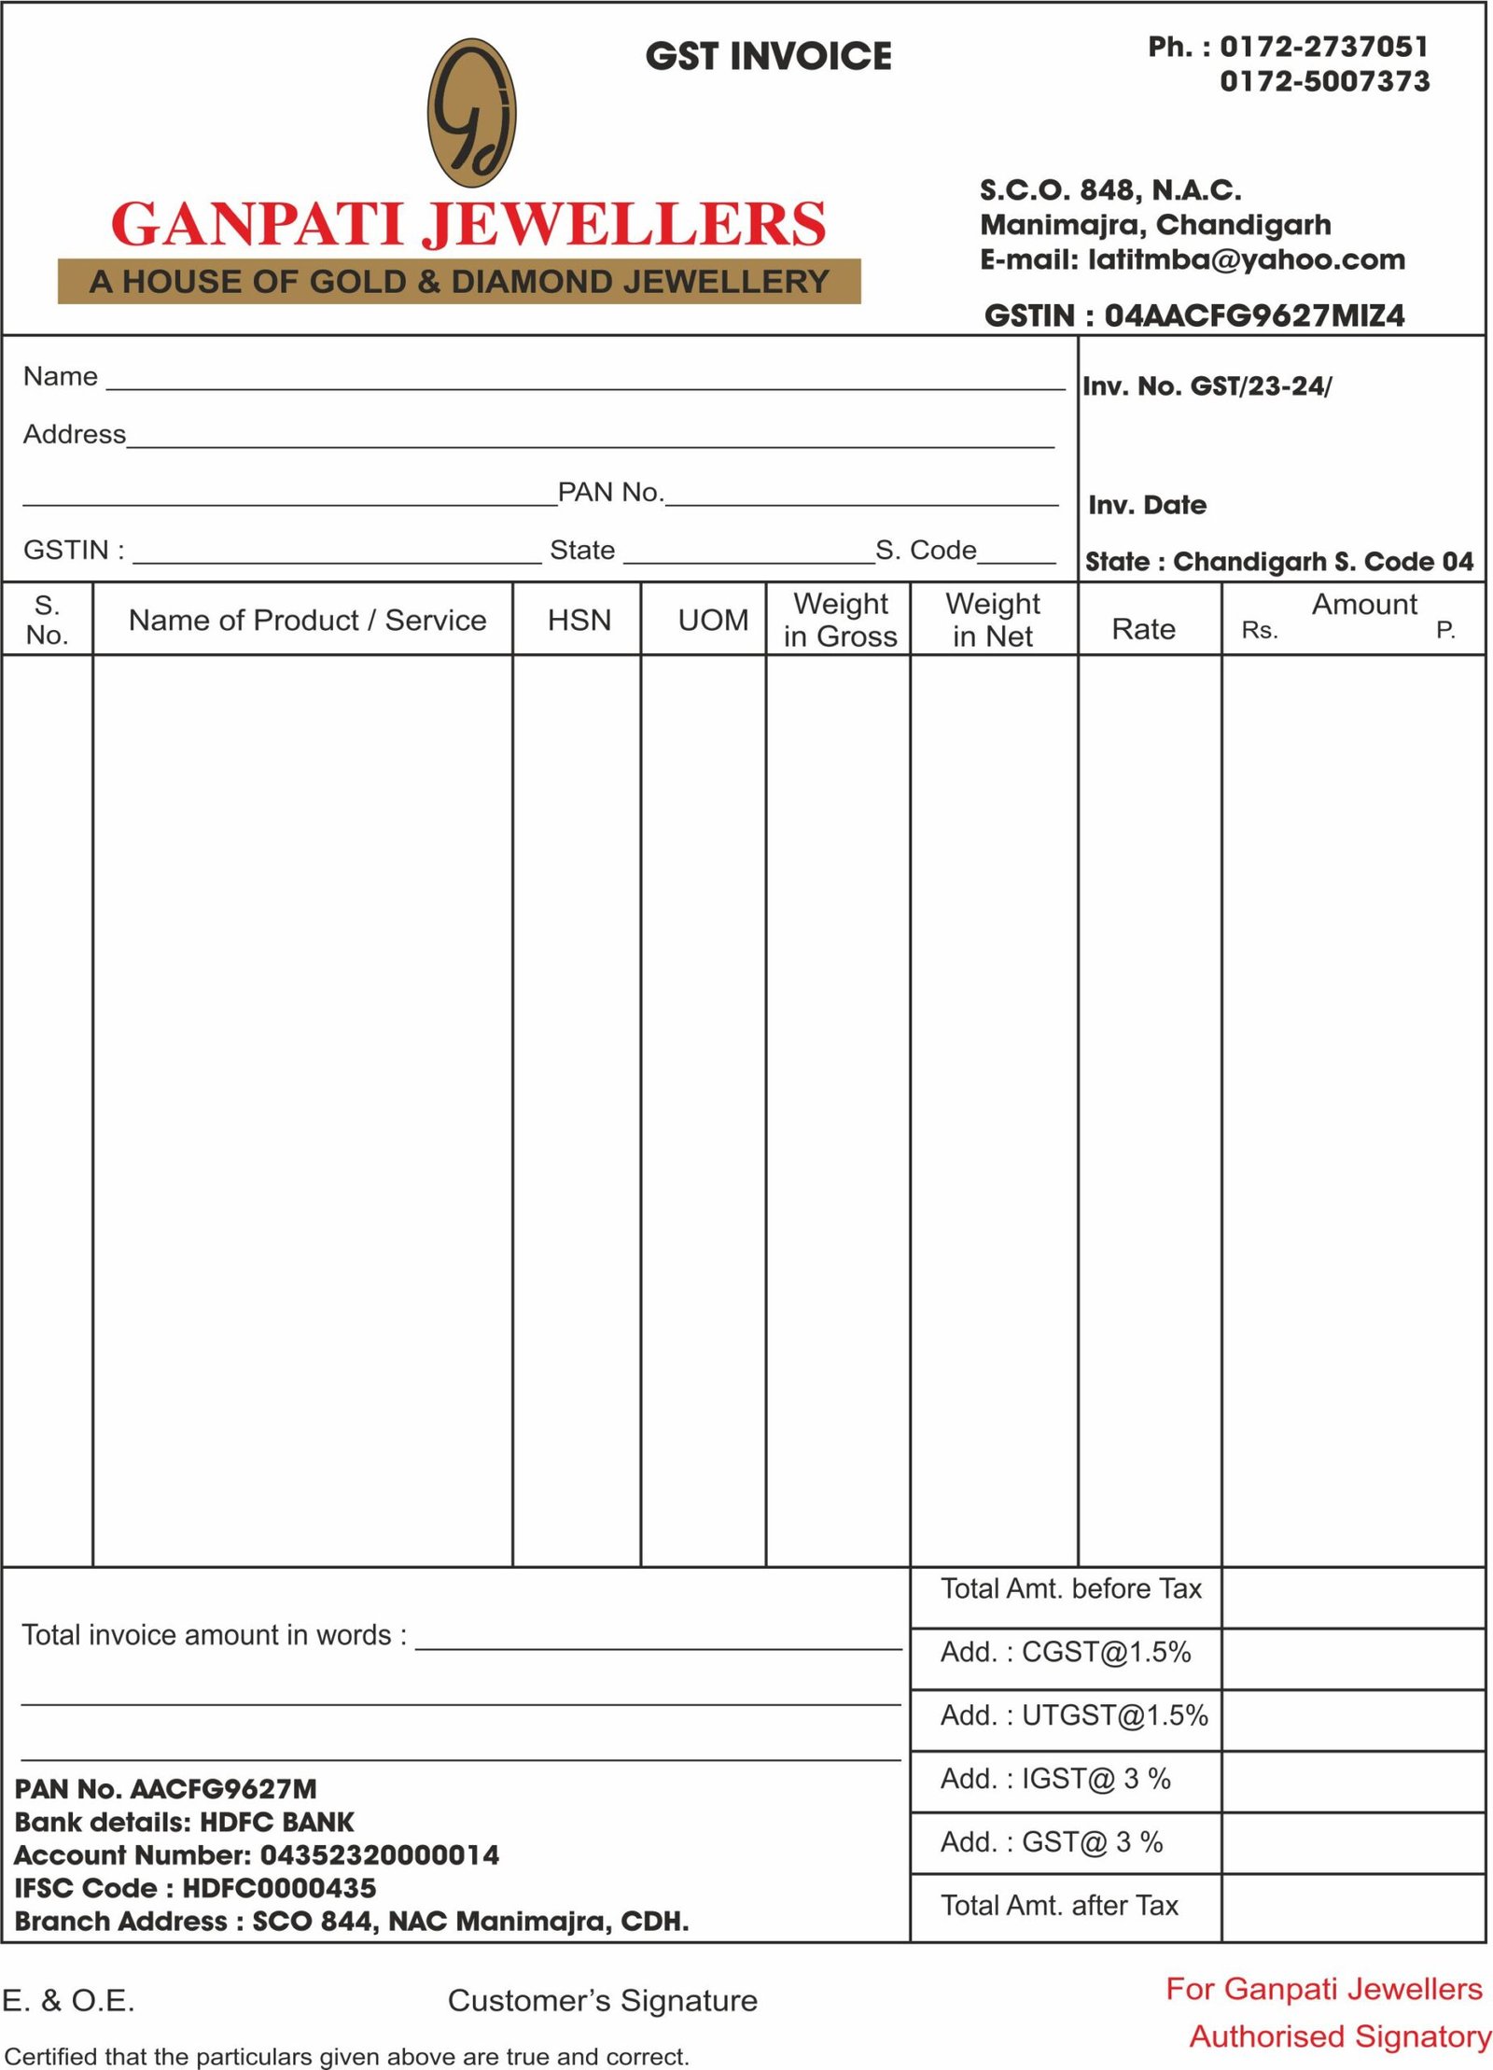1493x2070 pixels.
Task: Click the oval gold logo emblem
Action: tap(471, 113)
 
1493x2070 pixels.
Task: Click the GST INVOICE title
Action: tap(768, 56)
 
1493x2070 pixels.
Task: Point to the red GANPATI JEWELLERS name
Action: tap(468, 224)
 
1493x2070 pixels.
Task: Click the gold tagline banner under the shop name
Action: tap(459, 281)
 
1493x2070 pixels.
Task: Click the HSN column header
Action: tap(579, 620)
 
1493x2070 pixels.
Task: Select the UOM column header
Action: tap(713, 620)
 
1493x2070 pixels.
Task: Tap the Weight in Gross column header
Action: tap(840, 620)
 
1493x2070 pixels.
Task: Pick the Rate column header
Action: tap(1143, 629)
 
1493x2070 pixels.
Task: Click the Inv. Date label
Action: tap(1147, 505)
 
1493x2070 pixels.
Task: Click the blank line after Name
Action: tap(585, 382)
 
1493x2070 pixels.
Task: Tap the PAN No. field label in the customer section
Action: tap(610, 492)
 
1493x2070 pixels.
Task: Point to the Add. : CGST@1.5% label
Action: tap(1065, 1652)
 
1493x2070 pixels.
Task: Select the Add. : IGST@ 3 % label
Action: tap(1054, 1779)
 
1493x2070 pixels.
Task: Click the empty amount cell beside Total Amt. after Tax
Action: tap(1352, 1906)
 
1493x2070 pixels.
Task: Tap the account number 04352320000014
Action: tap(379, 1854)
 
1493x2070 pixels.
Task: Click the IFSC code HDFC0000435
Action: tap(279, 1888)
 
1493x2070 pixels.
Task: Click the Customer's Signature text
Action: tap(602, 2000)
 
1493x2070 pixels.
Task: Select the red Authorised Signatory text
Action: tap(1339, 2035)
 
